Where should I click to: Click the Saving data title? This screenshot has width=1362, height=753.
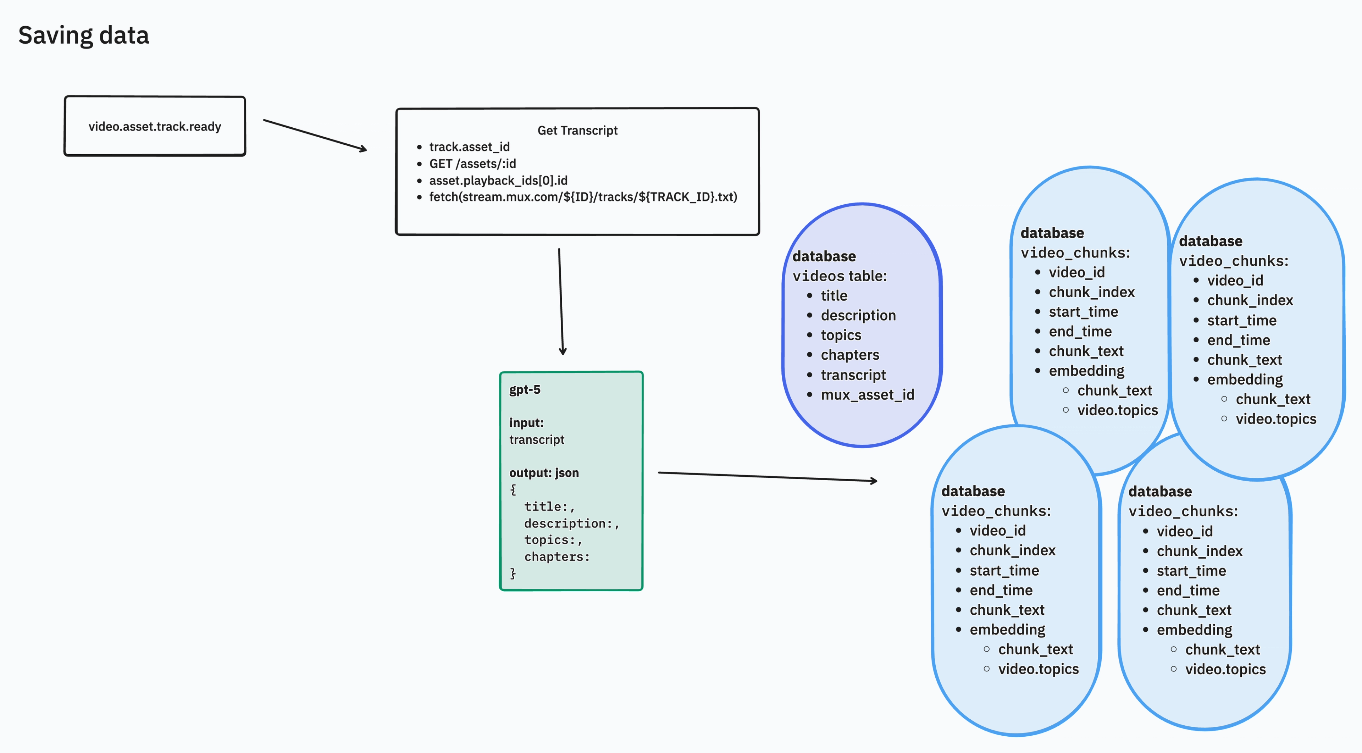[84, 35]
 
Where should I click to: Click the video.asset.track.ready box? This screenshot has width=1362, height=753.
[154, 126]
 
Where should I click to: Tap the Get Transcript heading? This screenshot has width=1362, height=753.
[577, 130]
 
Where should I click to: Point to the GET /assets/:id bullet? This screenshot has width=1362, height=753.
[472, 164]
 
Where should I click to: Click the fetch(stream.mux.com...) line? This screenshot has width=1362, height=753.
[583, 197]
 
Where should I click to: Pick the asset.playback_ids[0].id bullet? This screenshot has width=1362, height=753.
[498, 180]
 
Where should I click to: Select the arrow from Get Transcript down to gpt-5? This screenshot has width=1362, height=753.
[561, 301]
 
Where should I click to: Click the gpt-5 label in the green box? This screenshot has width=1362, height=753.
[525, 390]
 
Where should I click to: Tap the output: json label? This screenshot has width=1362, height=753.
[543, 473]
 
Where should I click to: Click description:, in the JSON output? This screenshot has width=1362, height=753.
[571, 523]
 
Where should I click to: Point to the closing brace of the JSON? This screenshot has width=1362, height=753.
[512, 573]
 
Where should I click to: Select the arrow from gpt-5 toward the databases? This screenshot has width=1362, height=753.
[766, 476]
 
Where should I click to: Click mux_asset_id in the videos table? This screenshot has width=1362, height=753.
[867, 394]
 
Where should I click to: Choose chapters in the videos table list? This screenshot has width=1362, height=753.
[850, 355]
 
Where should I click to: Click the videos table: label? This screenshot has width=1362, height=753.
[839, 276]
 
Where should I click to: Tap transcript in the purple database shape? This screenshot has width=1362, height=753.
[853, 375]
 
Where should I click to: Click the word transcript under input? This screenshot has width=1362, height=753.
[537, 439]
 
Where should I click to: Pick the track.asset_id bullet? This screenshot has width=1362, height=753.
[469, 146]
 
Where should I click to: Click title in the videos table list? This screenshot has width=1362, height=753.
[834, 295]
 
